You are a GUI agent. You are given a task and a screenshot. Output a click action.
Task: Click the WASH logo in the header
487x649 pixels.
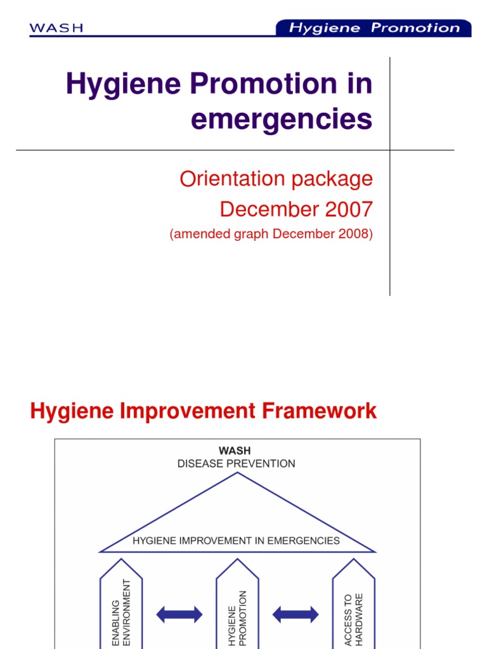point(56,28)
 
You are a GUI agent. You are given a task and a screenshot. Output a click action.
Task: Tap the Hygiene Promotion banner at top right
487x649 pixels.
point(373,28)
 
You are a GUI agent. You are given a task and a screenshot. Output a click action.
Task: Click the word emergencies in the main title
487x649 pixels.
point(282,119)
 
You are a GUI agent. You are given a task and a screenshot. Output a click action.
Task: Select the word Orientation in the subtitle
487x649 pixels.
point(233,179)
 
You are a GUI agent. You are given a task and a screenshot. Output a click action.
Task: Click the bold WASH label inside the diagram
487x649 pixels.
point(235,451)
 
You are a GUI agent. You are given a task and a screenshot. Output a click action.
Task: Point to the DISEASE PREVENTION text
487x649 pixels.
point(236,463)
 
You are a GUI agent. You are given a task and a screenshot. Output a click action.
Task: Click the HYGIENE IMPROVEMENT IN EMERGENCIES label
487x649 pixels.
point(236,541)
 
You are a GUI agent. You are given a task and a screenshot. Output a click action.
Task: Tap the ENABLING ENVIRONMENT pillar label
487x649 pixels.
point(120,612)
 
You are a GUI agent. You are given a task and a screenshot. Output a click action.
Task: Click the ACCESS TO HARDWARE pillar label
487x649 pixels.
point(353,620)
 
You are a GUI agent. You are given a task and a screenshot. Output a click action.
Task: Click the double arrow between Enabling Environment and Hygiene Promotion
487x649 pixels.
point(179,614)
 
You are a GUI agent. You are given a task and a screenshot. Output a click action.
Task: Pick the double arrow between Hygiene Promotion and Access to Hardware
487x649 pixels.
point(295,614)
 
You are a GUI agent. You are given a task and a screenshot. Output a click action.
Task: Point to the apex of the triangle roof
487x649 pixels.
point(237,473)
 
